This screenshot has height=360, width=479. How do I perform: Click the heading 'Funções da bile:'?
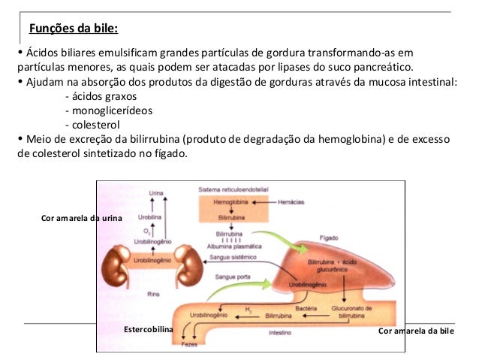pos(73,30)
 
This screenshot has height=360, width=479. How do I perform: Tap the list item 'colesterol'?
pos(93,124)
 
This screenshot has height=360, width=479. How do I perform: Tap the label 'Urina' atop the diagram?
pos(156,193)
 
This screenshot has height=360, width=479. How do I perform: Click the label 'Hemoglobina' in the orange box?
pos(229,203)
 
